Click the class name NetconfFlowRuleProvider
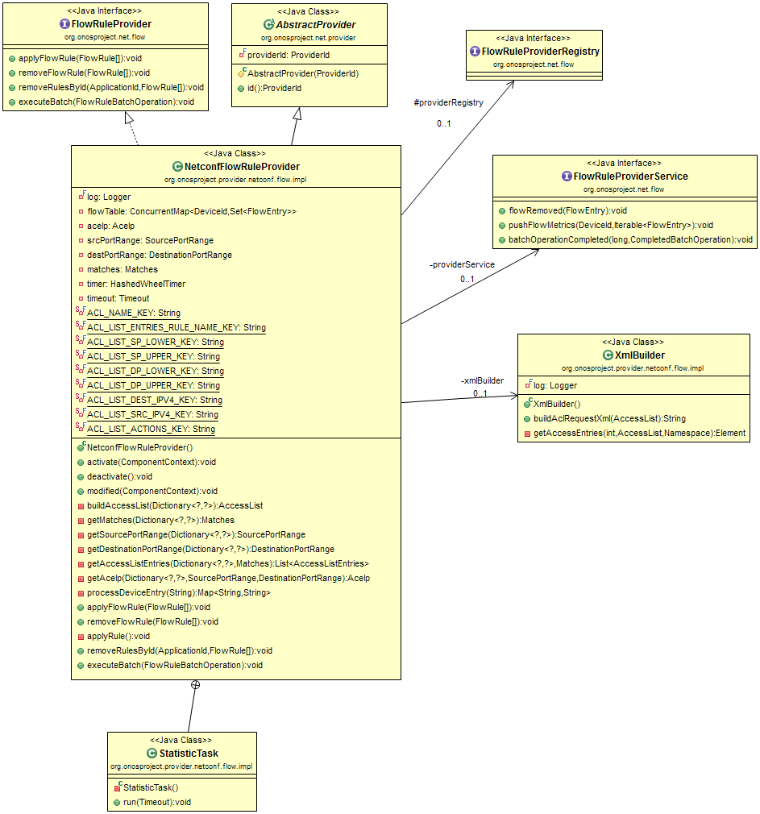[x=242, y=166]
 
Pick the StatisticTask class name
[x=189, y=753]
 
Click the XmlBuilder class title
[x=641, y=355]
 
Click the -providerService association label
[x=462, y=264]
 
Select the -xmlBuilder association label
[x=482, y=380]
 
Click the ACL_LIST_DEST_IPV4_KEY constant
[x=154, y=400]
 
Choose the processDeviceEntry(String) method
[x=178, y=592]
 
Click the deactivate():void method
[x=119, y=476]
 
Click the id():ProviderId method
[x=275, y=88]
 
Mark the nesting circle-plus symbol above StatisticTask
[x=195, y=685]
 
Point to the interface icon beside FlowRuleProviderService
[x=567, y=177]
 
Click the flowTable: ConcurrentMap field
[x=191, y=211]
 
